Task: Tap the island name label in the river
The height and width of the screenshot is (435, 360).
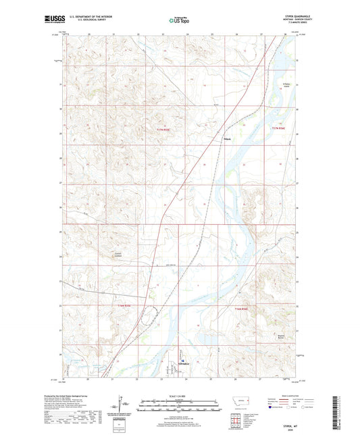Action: (x=286, y=84)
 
